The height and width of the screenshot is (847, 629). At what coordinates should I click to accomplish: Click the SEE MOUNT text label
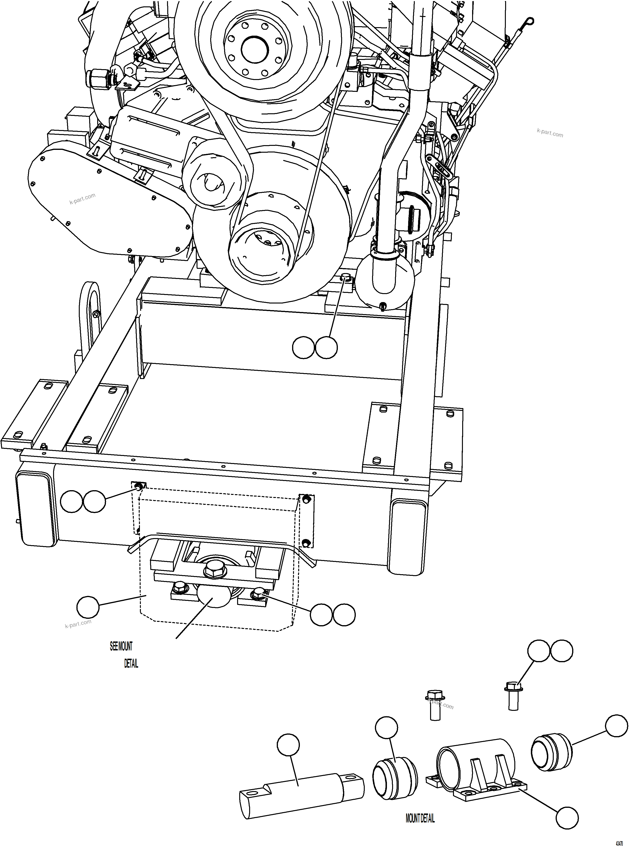(121, 646)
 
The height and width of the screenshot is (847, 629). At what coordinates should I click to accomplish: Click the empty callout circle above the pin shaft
(288, 745)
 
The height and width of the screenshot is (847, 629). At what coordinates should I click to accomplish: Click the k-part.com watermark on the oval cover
(82, 198)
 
